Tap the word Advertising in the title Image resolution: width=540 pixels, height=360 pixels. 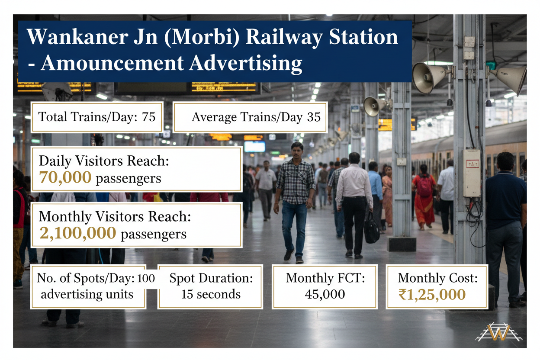[245, 64]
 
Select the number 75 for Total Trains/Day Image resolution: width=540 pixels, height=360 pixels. [148, 117]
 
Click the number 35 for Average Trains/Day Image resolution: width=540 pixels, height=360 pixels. [314, 117]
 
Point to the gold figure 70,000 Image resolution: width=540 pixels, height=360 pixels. [65, 177]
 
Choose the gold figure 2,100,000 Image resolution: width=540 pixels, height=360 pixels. [78, 233]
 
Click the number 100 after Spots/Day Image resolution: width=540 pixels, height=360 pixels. [146, 279]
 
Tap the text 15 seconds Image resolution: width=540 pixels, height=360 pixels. [211, 294]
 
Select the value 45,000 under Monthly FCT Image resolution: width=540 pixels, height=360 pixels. [325, 294]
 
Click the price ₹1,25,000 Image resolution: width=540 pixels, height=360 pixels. [432, 295]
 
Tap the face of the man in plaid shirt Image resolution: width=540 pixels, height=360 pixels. [297, 152]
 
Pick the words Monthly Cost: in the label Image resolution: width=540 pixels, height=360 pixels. [438, 278]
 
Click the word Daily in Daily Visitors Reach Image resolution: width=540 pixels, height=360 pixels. [55, 161]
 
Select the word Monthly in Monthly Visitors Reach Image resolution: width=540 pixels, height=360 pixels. [65, 217]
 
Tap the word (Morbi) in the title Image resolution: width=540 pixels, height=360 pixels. [202, 37]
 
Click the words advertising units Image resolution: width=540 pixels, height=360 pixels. [87, 294]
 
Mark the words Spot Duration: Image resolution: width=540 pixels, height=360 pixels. [211, 278]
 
